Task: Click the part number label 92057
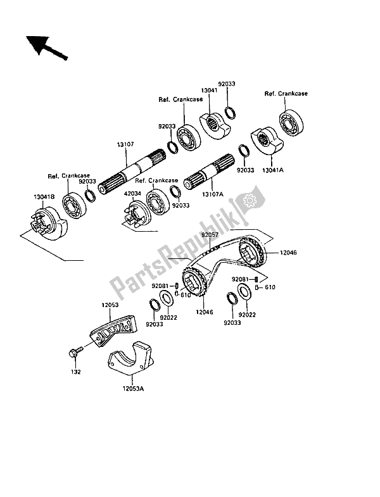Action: click(210, 235)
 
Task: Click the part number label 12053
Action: click(110, 305)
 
